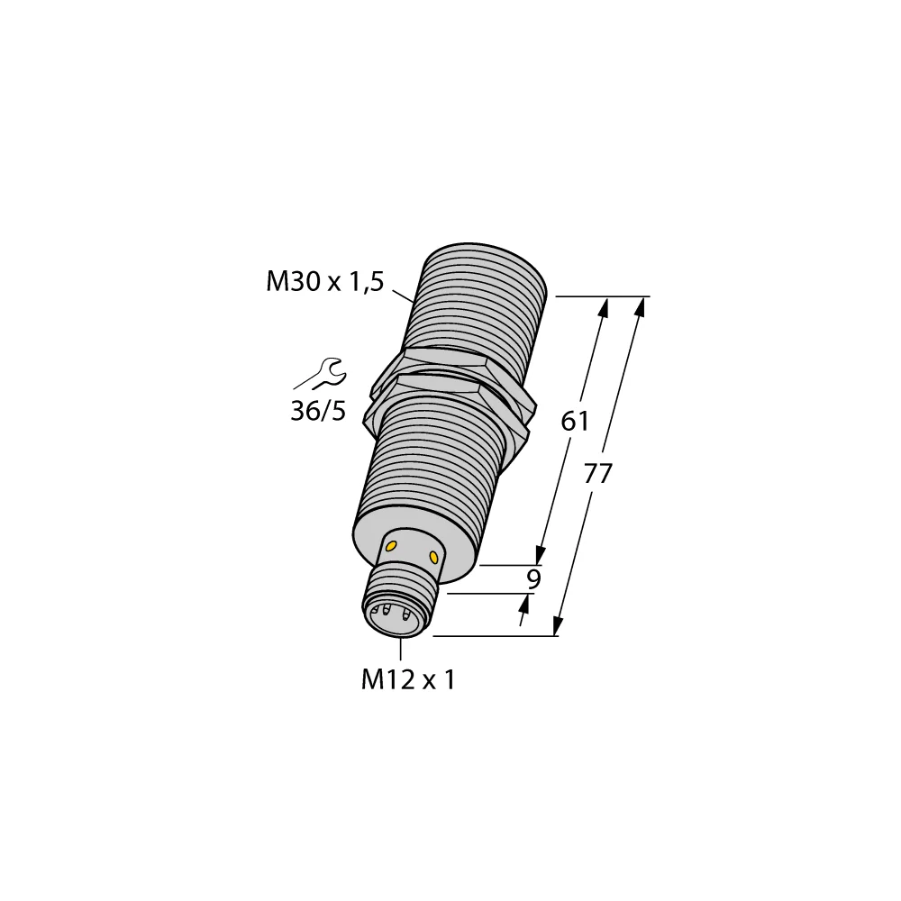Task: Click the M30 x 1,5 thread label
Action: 324,282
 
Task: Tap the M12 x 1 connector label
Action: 408,679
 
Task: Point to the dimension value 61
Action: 575,420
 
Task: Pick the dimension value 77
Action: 597,473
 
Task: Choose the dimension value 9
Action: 532,579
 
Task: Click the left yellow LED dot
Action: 392,546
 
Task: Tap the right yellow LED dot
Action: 435,556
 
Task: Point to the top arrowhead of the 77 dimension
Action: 641,307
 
